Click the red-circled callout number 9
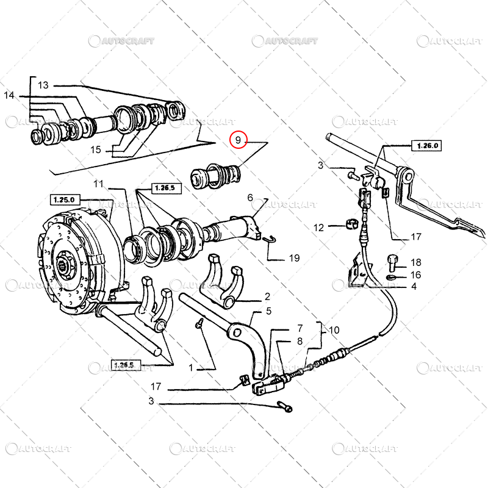pos(239,141)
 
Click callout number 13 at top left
pos(43,85)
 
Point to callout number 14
pos(9,95)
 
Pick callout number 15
pos(96,149)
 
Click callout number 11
pos(99,184)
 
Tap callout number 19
pos(294,258)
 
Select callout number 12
pos(319,228)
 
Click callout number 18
pos(415,262)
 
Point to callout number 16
pos(415,275)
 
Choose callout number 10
pos(334,330)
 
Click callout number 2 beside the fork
pos(267,297)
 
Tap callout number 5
pos(268,311)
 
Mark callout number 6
pos(249,197)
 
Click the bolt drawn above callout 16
pos(392,262)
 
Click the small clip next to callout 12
pos(351,223)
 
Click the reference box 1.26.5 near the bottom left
pos(123,365)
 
